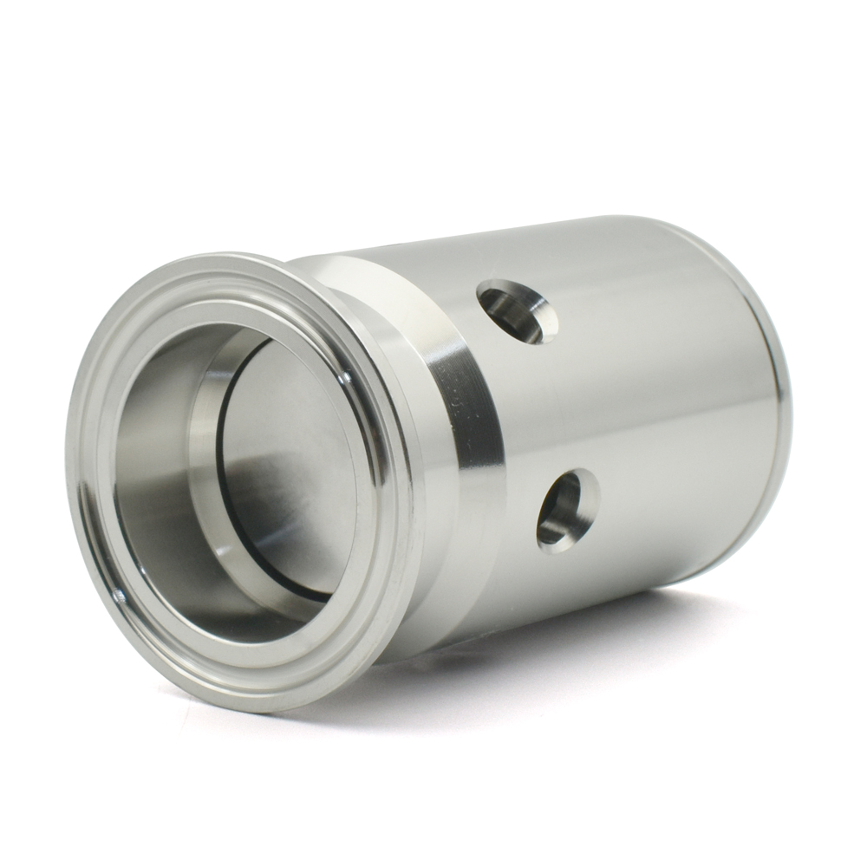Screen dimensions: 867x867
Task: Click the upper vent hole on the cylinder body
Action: (517, 311)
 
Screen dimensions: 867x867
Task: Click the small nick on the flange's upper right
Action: (346, 378)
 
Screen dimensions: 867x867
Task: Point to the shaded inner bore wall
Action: (156, 486)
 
